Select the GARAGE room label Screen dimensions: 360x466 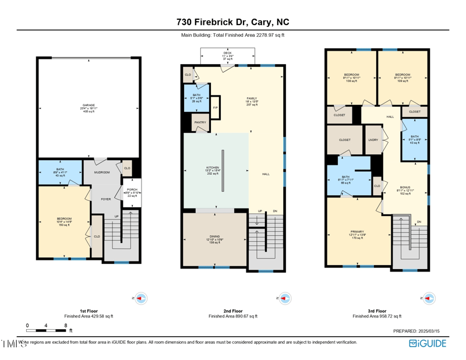coord(89,105)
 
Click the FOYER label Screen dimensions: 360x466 coord(105,199)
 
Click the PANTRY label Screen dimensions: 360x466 coord(200,122)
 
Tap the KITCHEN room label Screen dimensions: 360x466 coord(212,167)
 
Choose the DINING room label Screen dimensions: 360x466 coord(214,236)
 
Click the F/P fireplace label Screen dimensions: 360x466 coord(215,108)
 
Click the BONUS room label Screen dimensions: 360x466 coord(405,187)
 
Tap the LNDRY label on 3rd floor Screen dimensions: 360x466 coord(373,140)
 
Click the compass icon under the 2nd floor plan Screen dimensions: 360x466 coord(284,298)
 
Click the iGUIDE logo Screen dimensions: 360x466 coord(427,343)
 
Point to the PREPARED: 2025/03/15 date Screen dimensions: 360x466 coord(419,331)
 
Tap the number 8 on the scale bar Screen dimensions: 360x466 coord(65,326)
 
